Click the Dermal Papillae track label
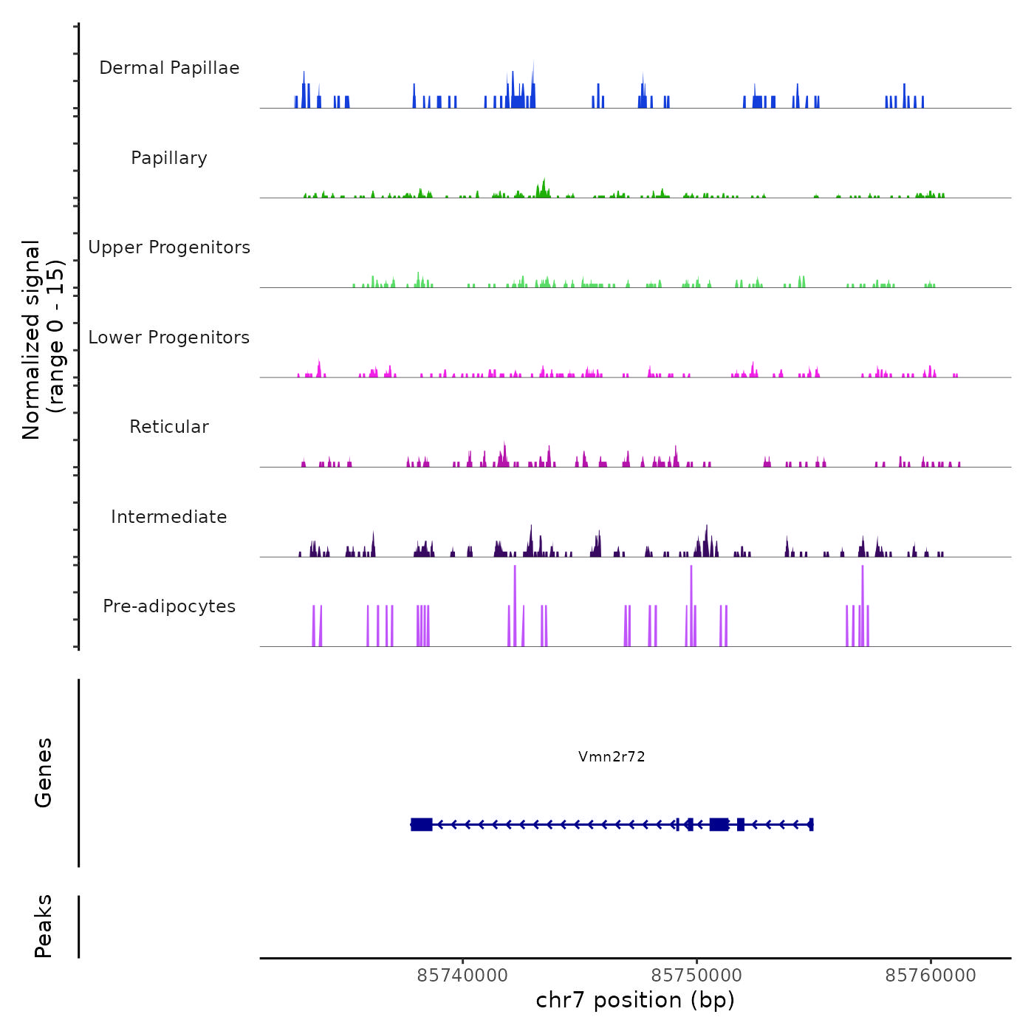click(169, 68)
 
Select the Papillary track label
click(169, 158)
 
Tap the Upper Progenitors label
click(169, 247)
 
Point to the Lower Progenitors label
click(169, 338)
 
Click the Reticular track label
click(169, 427)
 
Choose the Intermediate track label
click(169, 517)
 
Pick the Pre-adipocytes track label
click(169, 606)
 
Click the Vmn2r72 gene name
click(612, 756)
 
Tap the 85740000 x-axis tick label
click(462, 976)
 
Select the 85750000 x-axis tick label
click(696, 976)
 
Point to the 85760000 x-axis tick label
click(931, 976)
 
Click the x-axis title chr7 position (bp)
click(635, 1000)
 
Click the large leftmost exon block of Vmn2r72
click(422, 824)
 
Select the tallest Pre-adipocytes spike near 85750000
click(691, 591)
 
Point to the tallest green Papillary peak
click(544, 185)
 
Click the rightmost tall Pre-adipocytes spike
click(862, 591)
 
